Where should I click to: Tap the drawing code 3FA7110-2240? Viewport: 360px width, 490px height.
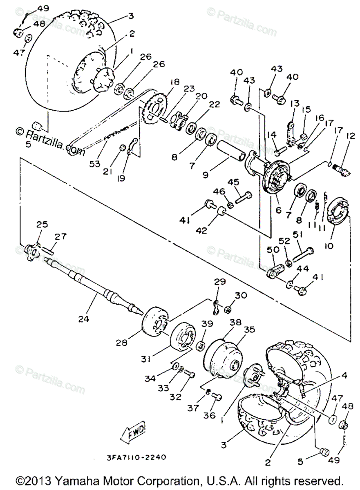[x=131, y=458]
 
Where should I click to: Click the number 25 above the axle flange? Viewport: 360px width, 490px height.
[x=42, y=224]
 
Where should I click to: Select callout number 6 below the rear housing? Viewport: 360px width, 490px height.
[x=278, y=211]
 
